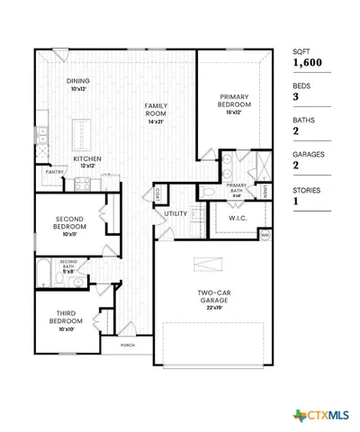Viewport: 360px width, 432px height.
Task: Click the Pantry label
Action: tap(54, 171)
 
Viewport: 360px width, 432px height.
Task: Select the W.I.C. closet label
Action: tap(238, 216)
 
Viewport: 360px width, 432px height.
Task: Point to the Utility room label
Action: tap(175, 213)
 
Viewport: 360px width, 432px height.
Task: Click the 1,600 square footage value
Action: tap(306, 63)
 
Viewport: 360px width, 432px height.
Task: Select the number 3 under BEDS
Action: tap(296, 96)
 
